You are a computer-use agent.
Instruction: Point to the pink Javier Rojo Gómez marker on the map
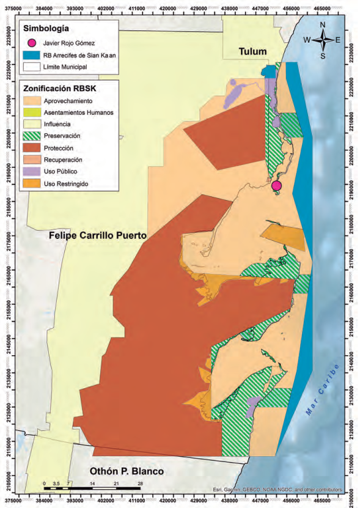tap(276, 185)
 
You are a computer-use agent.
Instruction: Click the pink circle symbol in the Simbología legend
tap(32, 43)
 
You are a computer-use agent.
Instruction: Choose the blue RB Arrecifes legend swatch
tap(32, 55)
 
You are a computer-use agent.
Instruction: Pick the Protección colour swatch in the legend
tap(32, 148)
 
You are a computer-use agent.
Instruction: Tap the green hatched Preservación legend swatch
tap(32, 136)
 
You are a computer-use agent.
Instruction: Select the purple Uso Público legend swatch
tap(32, 172)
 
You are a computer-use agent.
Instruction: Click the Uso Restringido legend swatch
tap(32, 183)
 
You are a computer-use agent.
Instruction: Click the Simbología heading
tap(45, 29)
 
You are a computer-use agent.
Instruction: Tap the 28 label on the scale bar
tap(140, 483)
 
